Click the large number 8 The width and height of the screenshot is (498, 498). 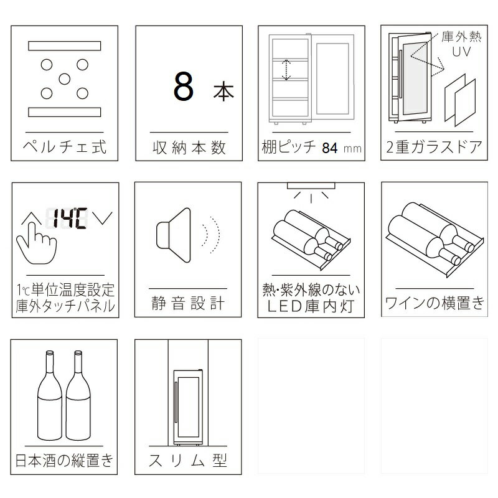point(184,86)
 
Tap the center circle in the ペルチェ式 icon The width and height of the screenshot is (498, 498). point(65,79)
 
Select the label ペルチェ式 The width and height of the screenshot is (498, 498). point(65,147)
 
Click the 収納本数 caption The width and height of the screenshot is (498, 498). point(189,148)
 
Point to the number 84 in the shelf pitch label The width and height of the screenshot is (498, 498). point(330,148)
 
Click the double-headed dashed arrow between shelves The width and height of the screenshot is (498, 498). point(286,70)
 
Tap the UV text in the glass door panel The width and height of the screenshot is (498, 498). point(461,52)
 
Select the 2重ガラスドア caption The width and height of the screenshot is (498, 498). point(434,147)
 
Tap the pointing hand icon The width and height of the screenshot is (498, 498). point(36,243)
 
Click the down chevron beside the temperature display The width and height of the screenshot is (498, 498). point(102,218)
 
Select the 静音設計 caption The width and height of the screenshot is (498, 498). point(188,303)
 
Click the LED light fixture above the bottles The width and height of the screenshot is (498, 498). point(311,186)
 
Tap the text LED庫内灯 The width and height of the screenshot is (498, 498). point(311,306)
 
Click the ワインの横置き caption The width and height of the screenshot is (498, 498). point(435,303)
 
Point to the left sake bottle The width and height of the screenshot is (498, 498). point(50,395)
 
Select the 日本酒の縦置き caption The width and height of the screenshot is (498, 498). point(64,460)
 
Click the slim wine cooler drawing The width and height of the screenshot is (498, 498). point(188,408)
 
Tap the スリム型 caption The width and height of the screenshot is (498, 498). point(188,460)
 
